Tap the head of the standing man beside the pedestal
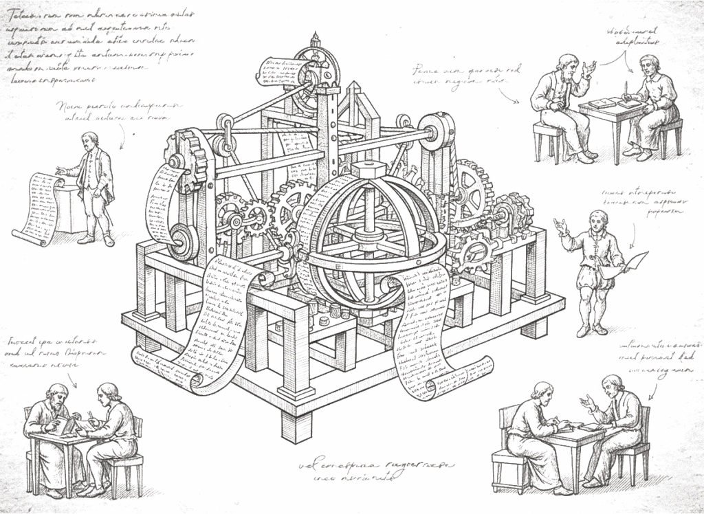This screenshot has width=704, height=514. pyautogui.click(x=89, y=140)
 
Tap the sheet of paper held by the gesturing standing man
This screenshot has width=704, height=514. pyautogui.click(x=637, y=260)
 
